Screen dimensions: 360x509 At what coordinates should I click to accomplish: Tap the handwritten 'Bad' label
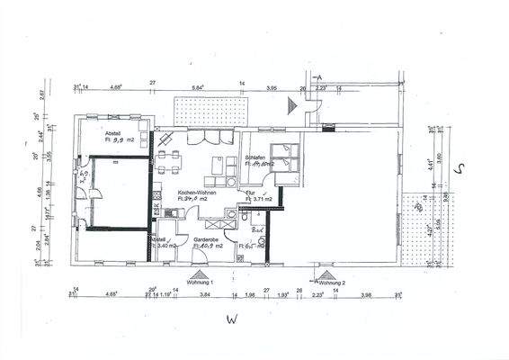pyautogui.click(x=257, y=230)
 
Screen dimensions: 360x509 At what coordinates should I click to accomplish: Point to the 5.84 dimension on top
pyautogui.click(x=198, y=86)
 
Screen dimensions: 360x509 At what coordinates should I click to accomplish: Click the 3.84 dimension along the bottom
pyautogui.click(x=204, y=294)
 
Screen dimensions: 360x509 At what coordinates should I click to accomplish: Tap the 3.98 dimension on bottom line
pyautogui.click(x=365, y=294)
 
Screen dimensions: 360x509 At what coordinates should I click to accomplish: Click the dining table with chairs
pyautogui.click(x=169, y=161)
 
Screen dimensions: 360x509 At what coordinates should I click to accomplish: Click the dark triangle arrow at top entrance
pyautogui.click(x=290, y=106)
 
